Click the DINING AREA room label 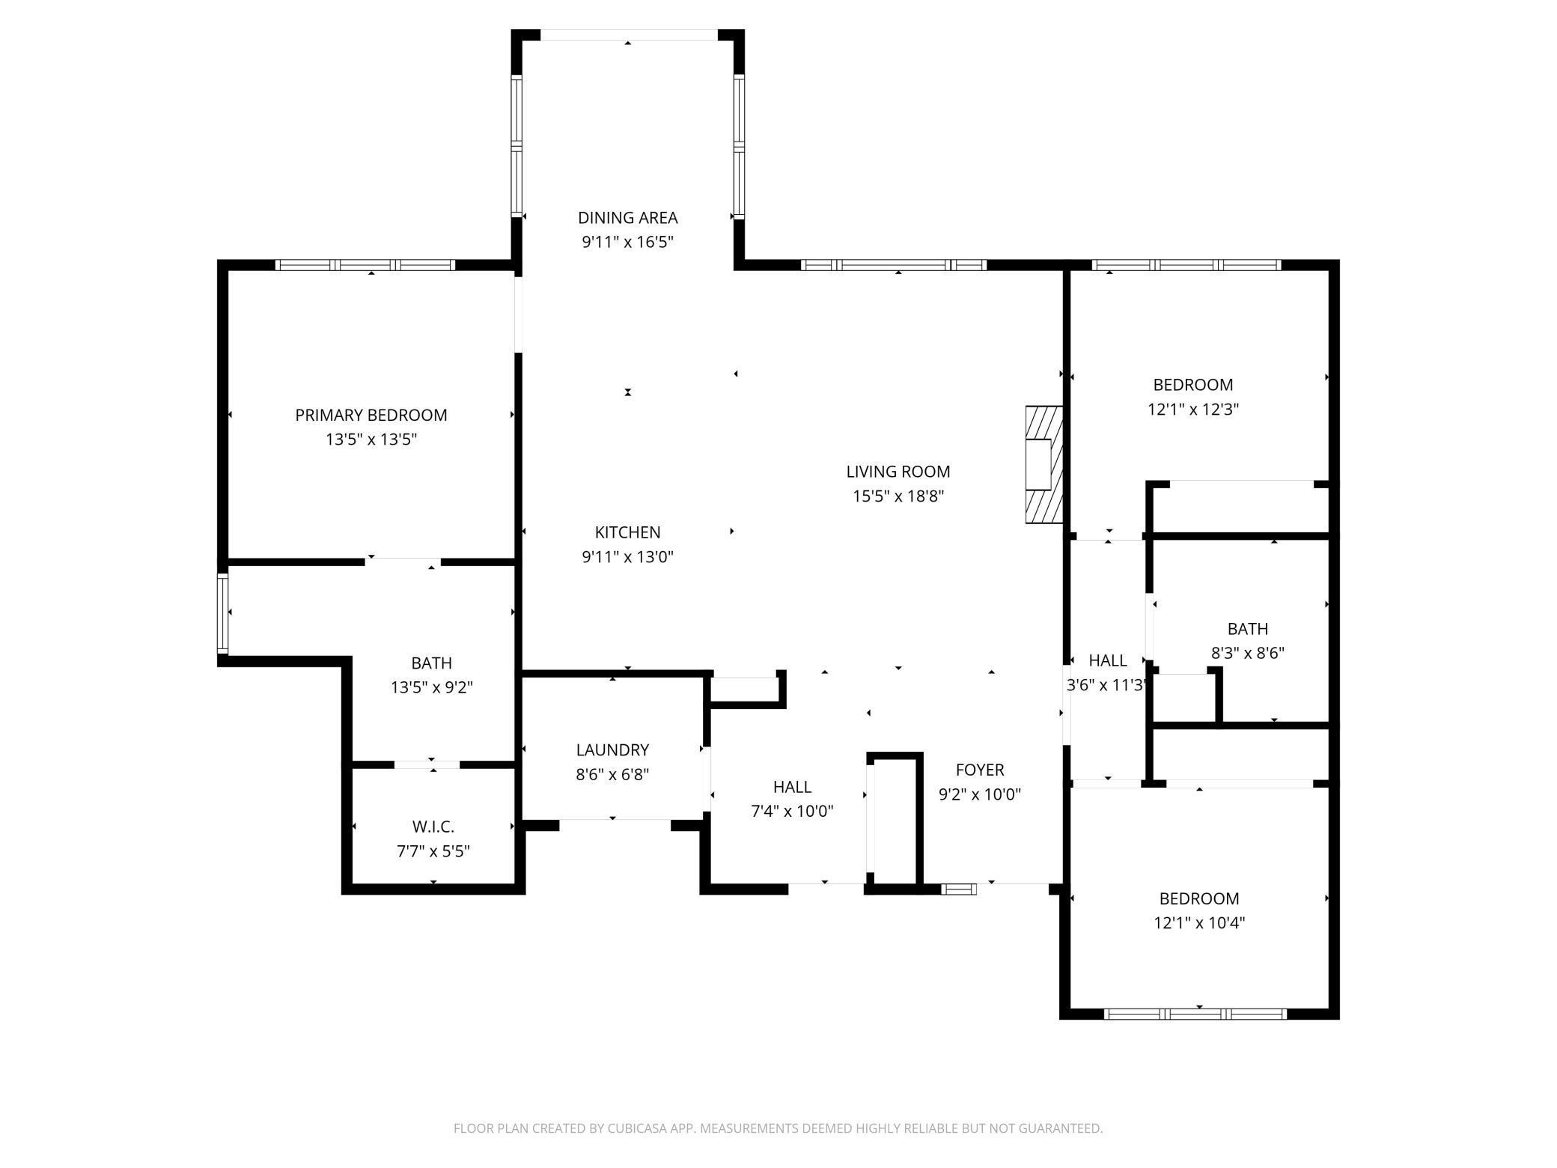point(627,218)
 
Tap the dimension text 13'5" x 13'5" point(371,439)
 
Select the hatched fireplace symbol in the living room point(1043,464)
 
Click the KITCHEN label point(627,532)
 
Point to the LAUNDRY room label point(612,749)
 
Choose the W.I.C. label point(433,827)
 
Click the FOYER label point(979,770)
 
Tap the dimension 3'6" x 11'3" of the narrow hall point(1106,685)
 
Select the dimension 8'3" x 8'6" point(1247,653)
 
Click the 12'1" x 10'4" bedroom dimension point(1199,923)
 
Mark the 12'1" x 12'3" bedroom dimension point(1193,410)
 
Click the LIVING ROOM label point(898,472)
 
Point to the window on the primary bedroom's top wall point(365,265)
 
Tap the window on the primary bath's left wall point(222,612)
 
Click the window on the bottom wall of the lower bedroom point(1195,1015)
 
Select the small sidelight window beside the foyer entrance point(958,889)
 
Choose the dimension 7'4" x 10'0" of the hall point(792,811)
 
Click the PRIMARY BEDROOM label point(371,415)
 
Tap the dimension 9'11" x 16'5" point(627,242)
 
